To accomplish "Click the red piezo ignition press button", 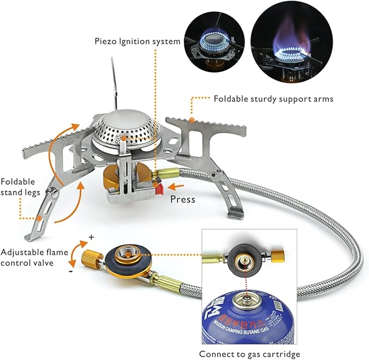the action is coord(159,189).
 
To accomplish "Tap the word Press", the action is coord(183,199).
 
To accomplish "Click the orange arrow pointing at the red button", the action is coord(176,187).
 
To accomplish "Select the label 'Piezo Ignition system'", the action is coord(137,41).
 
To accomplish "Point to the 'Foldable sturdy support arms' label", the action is coord(273,99).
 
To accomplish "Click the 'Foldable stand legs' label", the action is coord(20,187).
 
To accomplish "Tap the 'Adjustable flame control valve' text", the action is coord(34,257).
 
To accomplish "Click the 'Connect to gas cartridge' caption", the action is coord(249,354).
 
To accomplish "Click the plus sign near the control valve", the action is coord(91,237).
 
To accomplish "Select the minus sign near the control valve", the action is coord(71,271).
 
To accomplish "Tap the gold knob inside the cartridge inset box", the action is coord(278,256).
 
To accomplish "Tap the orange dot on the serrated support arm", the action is coord(192,120).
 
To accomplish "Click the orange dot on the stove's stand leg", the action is coord(39,218).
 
